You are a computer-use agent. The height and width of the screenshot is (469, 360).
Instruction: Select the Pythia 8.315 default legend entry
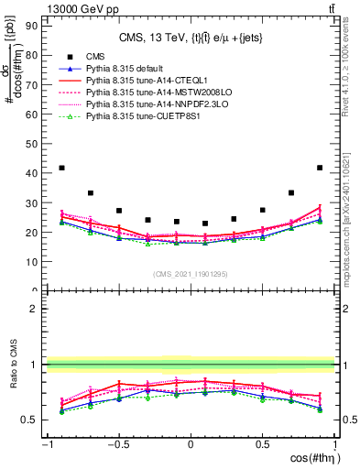tap(125, 69)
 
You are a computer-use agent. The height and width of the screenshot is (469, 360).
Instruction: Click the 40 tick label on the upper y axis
tap(33, 173)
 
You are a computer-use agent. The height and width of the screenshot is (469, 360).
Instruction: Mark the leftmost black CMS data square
tap(61, 168)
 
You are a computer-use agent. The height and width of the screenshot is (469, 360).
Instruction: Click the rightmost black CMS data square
tap(320, 168)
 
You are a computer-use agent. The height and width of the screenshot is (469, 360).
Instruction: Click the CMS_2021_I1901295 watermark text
tap(191, 275)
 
